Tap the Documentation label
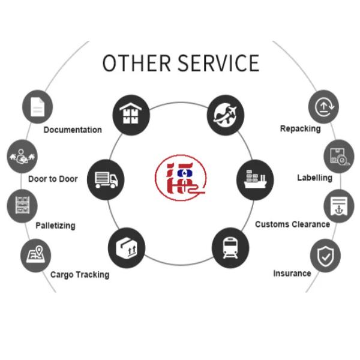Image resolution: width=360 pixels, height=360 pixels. coord(73,130)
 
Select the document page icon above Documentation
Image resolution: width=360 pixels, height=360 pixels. coord(38,107)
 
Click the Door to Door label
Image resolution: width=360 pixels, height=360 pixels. coord(53,179)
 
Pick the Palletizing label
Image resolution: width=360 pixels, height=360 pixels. coord(55,226)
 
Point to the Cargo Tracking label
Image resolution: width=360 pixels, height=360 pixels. coord(80,274)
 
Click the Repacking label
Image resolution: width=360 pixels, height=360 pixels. coord(300,128)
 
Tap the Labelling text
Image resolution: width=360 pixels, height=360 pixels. coord(314,178)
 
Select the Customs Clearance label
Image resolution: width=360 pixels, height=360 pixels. coord(292,224)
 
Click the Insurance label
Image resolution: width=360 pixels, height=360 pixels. coord(292,273)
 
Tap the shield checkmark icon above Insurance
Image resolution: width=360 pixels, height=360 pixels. coord(325,256)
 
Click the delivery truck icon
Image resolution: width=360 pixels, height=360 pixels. coord(106,179)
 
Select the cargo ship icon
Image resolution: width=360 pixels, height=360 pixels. coord(255,179)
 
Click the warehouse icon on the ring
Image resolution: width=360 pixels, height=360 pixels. coord(131,113)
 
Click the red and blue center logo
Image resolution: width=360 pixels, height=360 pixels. coord(180,178)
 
